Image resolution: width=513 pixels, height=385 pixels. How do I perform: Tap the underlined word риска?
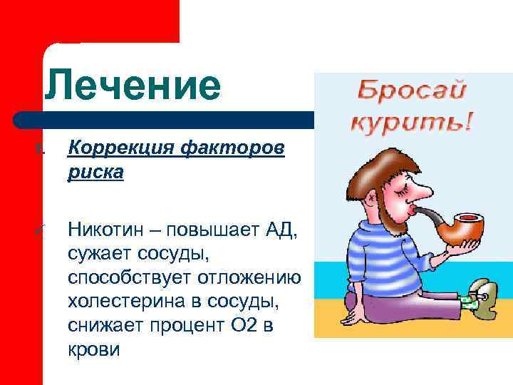[95, 173]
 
